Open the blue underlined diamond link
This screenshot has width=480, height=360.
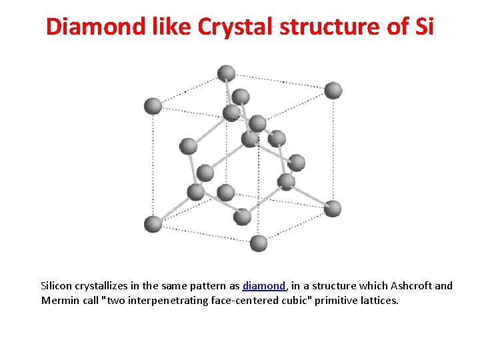pyautogui.click(x=265, y=286)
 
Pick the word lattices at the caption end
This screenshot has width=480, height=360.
pyautogui.click(x=379, y=301)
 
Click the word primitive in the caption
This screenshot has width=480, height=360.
pyautogui.click(x=335, y=301)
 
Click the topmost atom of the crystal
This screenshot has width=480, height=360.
pyautogui.click(x=227, y=73)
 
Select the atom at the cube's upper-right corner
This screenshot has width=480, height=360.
pyautogui.click(x=333, y=90)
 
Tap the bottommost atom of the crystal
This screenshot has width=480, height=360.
pyautogui.click(x=259, y=243)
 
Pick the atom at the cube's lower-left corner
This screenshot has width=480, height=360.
pyautogui.click(x=153, y=224)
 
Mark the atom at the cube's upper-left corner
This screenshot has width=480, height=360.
pyautogui.click(x=153, y=105)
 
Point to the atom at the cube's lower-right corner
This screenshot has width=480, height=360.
pyautogui.click(x=333, y=209)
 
